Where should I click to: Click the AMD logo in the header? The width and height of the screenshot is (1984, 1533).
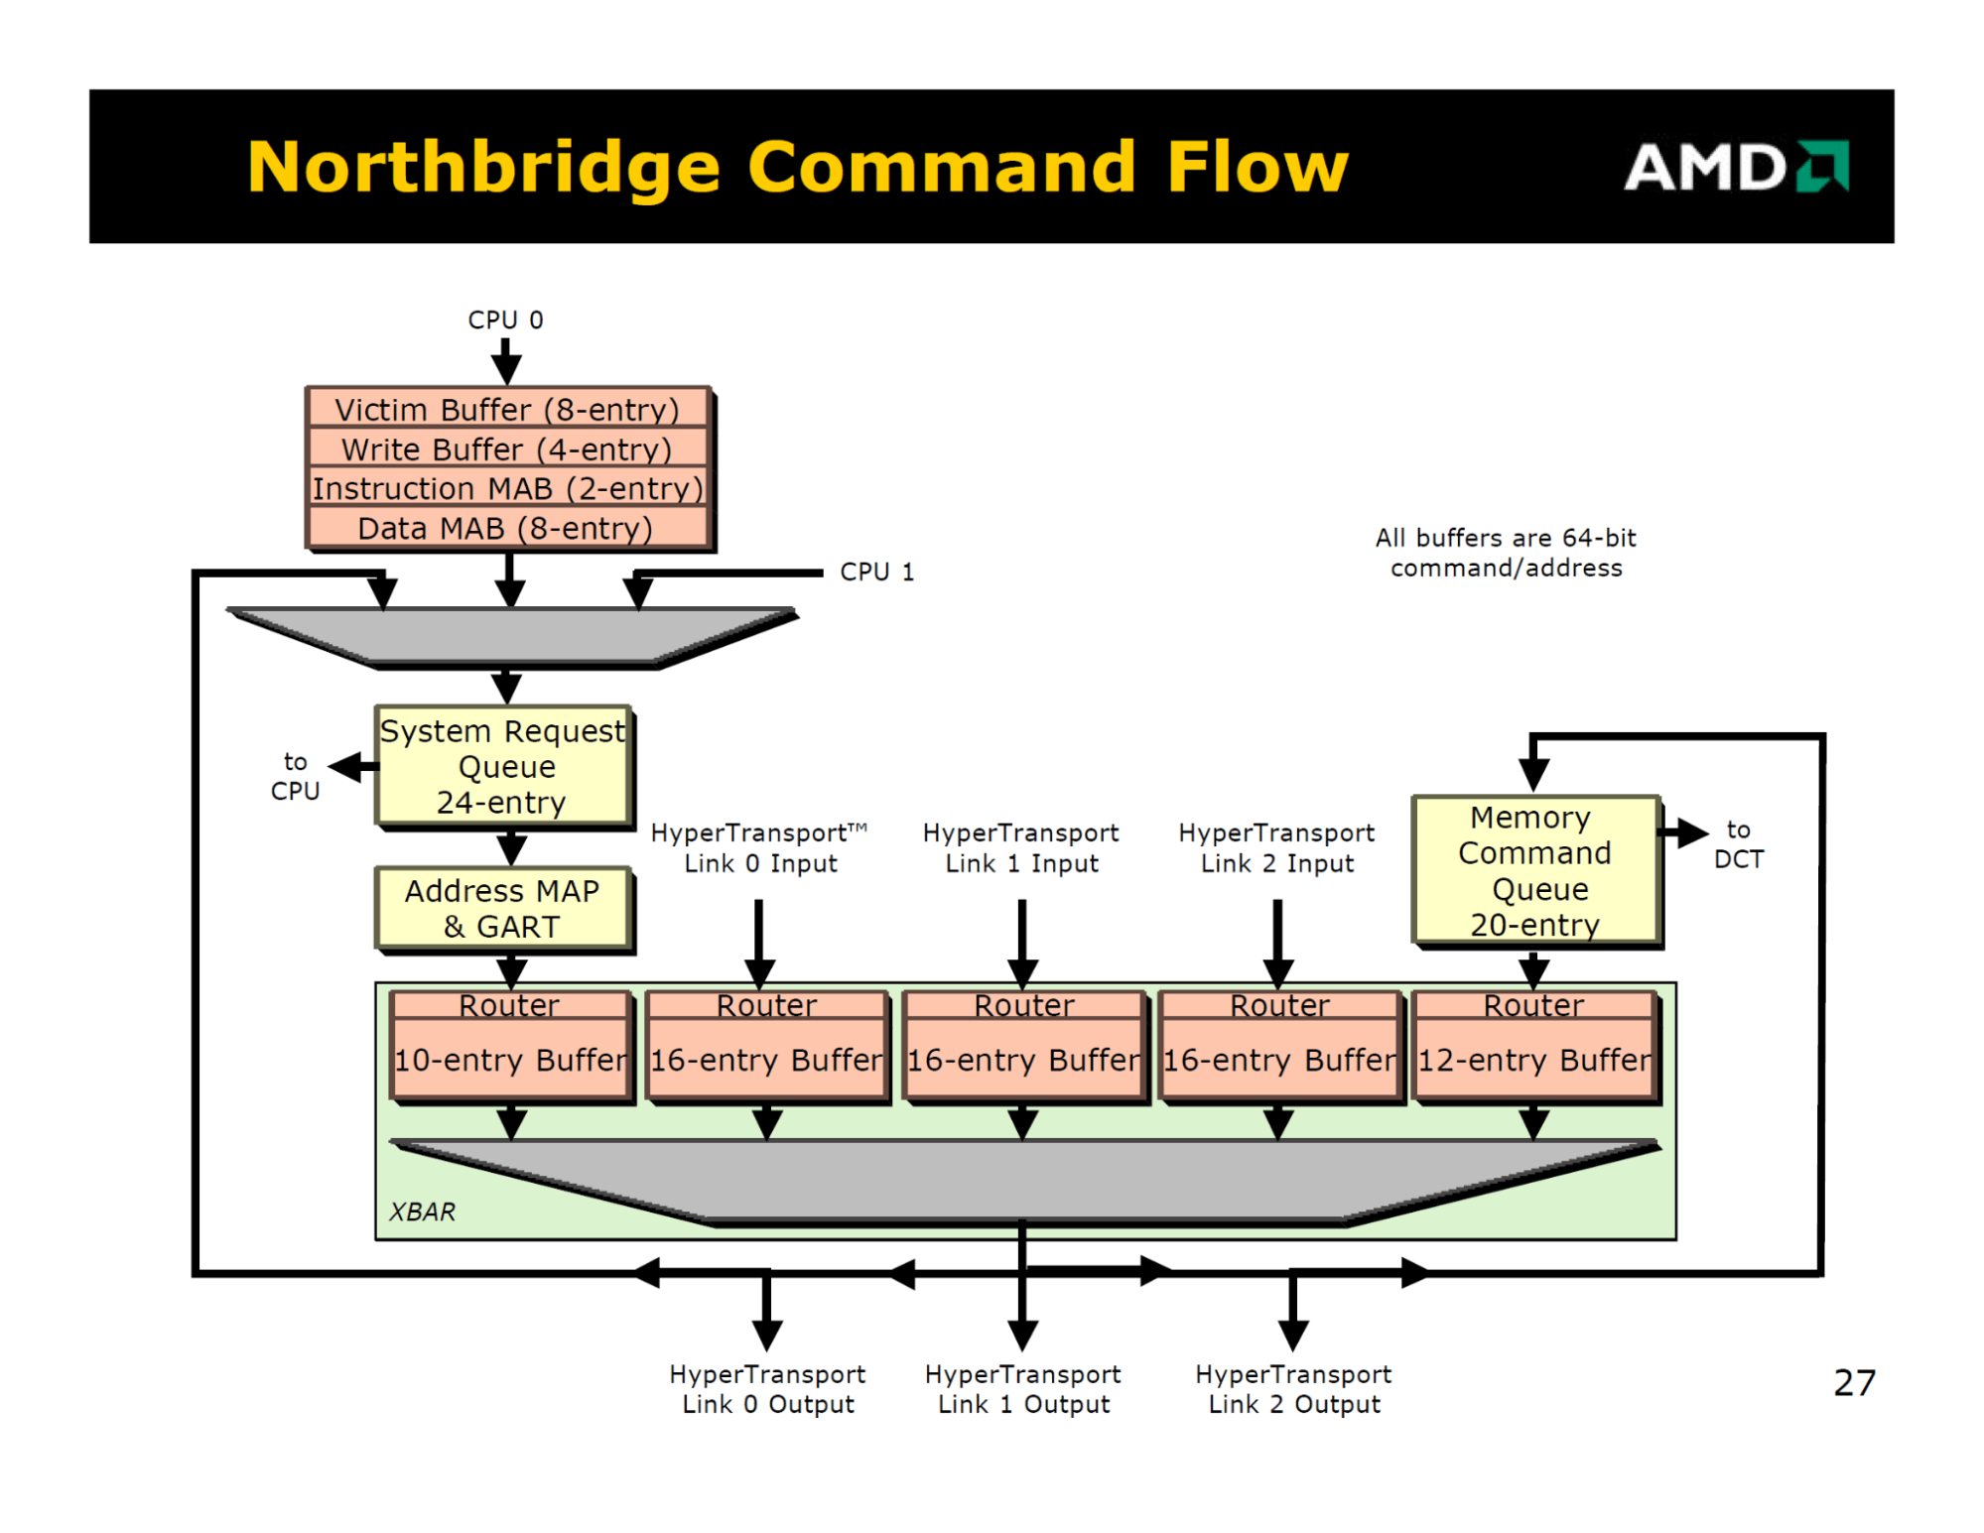[x=1735, y=166]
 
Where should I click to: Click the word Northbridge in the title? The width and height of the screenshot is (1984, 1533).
[x=483, y=167]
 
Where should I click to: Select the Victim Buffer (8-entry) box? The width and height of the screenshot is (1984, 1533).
[x=507, y=409]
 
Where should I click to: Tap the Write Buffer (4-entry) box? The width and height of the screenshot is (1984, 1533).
[x=507, y=448]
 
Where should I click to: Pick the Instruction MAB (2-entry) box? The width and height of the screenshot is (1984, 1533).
[x=507, y=488]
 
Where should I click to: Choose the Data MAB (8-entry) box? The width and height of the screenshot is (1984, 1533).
[x=507, y=528]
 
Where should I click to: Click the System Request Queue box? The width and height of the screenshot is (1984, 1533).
[x=504, y=766]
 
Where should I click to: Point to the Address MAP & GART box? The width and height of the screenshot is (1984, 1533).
[x=504, y=908]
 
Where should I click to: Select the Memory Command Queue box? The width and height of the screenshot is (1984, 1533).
[x=1535, y=870]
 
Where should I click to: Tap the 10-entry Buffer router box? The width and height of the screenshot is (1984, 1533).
[x=511, y=1047]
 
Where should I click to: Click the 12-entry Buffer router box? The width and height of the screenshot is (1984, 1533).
[x=1534, y=1047]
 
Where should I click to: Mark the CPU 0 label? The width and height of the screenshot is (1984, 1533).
[x=505, y=319]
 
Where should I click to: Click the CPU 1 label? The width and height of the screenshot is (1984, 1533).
[x=876, y=572]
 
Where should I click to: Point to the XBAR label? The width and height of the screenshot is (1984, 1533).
[x=422, y=1212]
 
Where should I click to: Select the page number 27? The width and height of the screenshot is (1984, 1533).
[x=1854, y=1382]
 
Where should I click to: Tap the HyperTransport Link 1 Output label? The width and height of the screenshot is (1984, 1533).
[x=1023, y=1389]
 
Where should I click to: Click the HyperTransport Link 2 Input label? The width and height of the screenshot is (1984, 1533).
[x=1276, y=847]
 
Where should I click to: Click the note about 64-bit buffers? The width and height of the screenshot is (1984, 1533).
[x=1506, y=553]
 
